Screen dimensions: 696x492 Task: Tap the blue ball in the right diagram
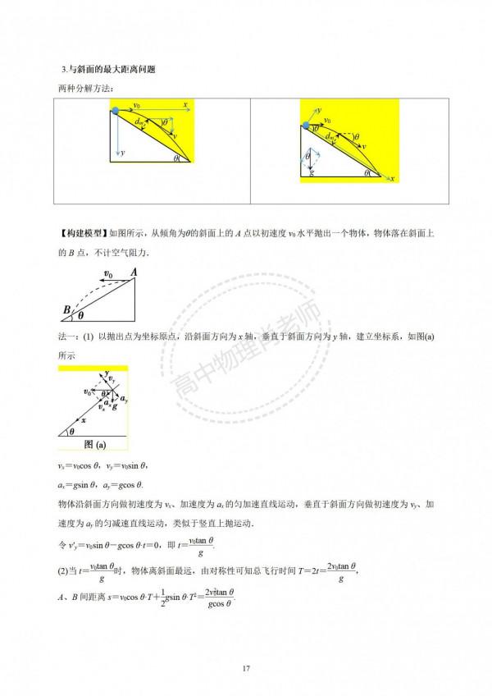pos(307,125)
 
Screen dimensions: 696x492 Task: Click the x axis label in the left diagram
pos(187,105)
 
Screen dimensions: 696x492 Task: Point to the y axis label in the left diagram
pos(123,153)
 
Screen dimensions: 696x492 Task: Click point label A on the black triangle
pos(134,274)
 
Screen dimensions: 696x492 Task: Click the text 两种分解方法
pos(82,88)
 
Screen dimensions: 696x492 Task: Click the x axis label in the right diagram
pos(393,178)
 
